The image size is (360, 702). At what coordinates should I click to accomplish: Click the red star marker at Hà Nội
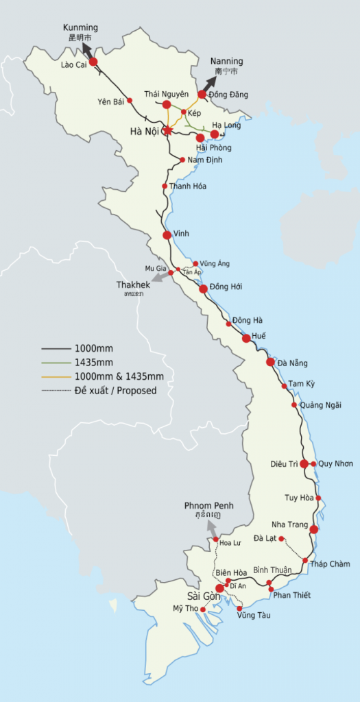coord(167,130)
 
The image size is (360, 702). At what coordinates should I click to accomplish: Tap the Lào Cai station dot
coord(93,62)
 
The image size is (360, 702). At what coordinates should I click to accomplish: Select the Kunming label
coord(80,27)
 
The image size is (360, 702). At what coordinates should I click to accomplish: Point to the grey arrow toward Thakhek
coord(158,277)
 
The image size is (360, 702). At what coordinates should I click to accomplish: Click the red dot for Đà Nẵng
coord(271,362)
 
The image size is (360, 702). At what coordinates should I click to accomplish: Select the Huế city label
coord(259,336)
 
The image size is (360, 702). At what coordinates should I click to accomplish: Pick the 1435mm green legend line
coord(54,362)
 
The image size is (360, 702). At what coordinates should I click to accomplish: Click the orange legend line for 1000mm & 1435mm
coord(54,376)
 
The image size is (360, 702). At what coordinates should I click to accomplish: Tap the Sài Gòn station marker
coord(219,588)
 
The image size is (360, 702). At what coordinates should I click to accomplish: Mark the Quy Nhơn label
coord(336,464)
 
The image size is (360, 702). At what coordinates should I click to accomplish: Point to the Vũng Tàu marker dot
coord(239,609)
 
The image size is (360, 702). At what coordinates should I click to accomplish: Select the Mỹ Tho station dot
coord(203,609)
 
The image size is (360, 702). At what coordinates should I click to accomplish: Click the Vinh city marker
coord(167,235)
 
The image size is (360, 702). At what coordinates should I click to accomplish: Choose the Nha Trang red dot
coord(314,529)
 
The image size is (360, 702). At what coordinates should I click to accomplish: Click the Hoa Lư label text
coord(230,543)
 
